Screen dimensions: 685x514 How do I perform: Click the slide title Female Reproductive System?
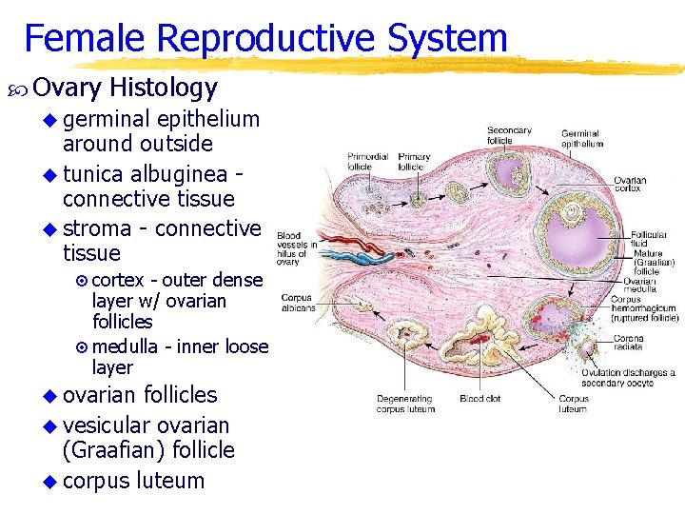[x=265, y=38]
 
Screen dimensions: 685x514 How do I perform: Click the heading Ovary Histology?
[x=125, y=89]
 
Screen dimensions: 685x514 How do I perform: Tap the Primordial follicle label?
[x=367, y=162]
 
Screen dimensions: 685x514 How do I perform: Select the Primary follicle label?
[x=415, y=162]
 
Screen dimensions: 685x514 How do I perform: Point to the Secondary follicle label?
[x=508, y=135]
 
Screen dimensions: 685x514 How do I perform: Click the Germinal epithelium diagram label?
[x=581, y=139]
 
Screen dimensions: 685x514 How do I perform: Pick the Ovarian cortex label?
[x=630, y=184]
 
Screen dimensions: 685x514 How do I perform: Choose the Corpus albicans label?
[x=297, y=303]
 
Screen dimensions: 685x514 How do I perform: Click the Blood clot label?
[x=479, y=398]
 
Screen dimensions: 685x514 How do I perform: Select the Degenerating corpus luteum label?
[x=405, y=404]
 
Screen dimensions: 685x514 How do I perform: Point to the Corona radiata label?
[x=629, y=343]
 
